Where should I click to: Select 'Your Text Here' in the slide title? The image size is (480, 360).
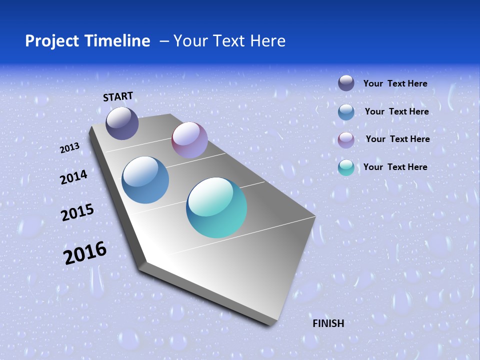[229, 41]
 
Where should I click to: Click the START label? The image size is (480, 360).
[118, 96]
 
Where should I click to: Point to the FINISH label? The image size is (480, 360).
[328, 323]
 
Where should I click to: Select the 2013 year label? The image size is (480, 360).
[69, 148]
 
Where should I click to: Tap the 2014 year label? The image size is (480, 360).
[73, 177]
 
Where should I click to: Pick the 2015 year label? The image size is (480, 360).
[77, 212]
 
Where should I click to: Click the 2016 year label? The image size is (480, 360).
[85, 253]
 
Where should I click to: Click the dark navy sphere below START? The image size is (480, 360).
[122, 123]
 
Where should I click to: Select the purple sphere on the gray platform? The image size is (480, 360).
[189, 140]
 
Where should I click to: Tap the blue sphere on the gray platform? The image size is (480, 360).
[145, 180]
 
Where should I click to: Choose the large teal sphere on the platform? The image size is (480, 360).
[216, 207]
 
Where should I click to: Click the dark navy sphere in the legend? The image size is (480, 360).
[346, 83]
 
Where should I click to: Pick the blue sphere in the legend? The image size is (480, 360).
[346, 112]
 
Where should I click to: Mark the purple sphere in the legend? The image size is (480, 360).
[346, 140]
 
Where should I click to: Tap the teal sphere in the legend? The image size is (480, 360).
[346, 167]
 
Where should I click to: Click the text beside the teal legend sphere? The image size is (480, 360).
[395, 167]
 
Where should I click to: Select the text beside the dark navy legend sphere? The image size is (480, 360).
[395, 83]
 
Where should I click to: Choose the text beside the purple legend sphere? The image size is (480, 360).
[397, 139]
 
